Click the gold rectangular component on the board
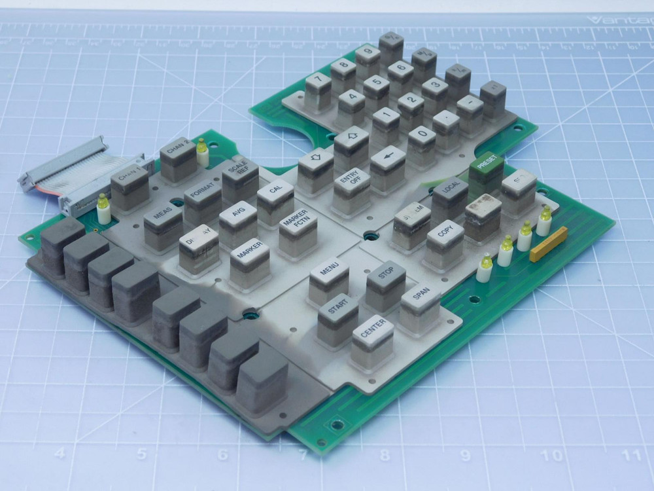(x=548, y=244)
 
